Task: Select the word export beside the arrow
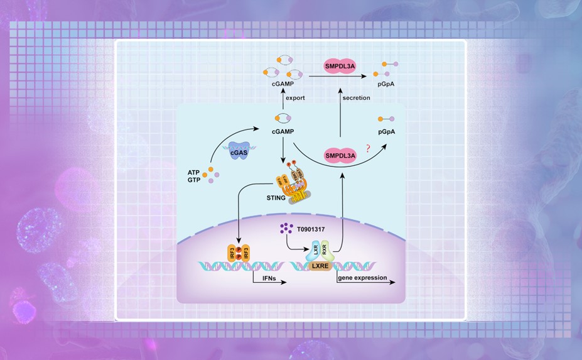[295, 98]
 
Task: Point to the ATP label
[194, 172]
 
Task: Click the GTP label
[194, 180]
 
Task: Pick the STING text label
[276, 199]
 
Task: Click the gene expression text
[362, 276]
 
